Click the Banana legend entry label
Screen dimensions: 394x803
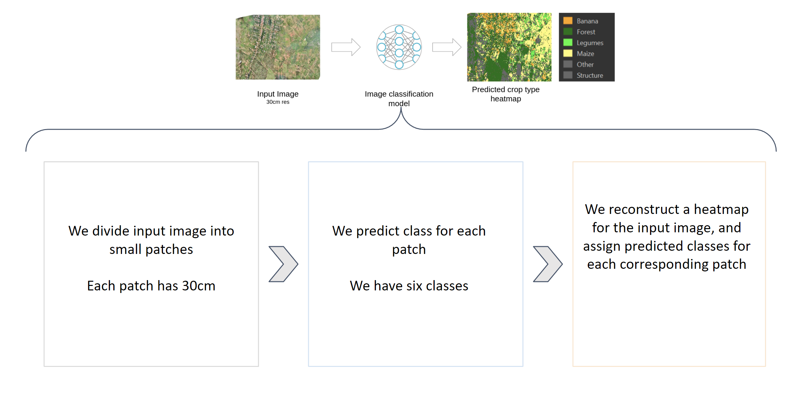pyautogui.click(x=587, y=21)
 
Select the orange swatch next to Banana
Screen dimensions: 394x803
pyautogui.click(x=568, y=21)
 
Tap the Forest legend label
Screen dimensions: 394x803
pyautogui.click(x=586, y=32)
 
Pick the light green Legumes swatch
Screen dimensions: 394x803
pyautogui.click(x=568, y=43)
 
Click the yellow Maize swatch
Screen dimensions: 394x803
pyautogui.click(x=568, y=54)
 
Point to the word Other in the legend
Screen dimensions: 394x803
pyautogui.click(x=585, y=65)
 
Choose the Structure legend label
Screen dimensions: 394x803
pyautogui.click(x=590, y=76)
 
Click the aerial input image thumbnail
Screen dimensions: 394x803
pyautogui.click(x=278, y=47)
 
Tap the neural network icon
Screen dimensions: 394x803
pyautogui.click(x=399, y=47)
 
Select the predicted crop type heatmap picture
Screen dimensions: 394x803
pyautogui.click(x=509, y=47)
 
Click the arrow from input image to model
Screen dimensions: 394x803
pyautogui.click(x=346, y=47)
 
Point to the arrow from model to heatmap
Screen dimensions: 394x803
pyautogui.click(x=447, y=47)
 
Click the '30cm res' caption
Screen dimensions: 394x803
pyautogui.click(x=278, y=102)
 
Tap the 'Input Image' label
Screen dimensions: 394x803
pyautogui.click(x=278, y=94)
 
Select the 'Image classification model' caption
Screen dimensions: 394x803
pyautogui.click(x=399, y=98)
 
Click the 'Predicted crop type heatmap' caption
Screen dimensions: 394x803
pyautogui.click(x=505, y=94)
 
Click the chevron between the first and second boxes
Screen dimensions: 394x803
pyautogui.click(x=283, y=264)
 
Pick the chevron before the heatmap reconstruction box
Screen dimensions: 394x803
pyautogui.click(x=547, y=264)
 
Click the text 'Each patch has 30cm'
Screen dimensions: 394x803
pyautogui.click(x=151, y=286)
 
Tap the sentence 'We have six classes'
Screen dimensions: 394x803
pyautogui.click(x=409, y=286)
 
